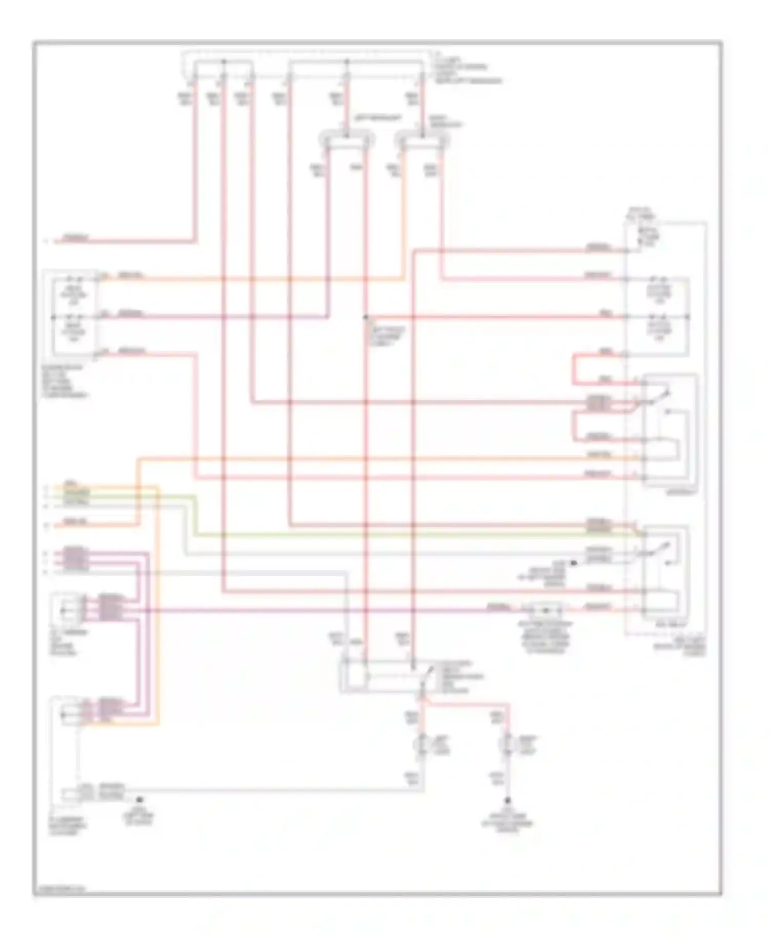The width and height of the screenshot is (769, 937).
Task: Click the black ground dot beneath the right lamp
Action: (508, 801)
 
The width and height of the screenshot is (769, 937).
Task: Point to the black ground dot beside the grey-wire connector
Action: (138, 799)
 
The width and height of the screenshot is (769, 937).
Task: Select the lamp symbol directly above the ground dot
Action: (508, 742)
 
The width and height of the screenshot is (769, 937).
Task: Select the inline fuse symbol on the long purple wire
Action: (545, 610)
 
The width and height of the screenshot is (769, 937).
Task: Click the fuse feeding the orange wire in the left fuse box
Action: (74, 280)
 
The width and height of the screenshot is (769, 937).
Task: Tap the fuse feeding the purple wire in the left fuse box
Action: (74, 317)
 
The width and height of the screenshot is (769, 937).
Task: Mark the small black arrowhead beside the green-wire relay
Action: (574, 563)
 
